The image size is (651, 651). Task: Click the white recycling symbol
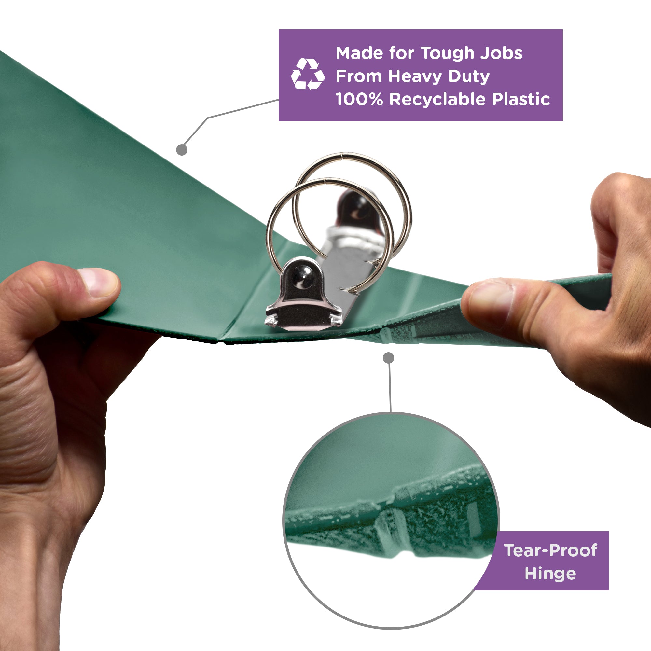[x=308, y=74]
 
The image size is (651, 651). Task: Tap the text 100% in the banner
[x=359, y=99]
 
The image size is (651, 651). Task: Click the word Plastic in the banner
[x=521, y=99]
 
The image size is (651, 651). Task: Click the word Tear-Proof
[x=551, y=550]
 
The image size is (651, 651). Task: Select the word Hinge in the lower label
[x=550, y=574]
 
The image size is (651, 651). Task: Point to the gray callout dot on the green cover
[x=182, y=150]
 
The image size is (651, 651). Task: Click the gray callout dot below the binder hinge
[x=389, y=358]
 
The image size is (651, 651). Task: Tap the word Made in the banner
[x=359, y=53]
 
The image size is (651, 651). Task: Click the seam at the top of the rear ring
[x=342, y=155]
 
